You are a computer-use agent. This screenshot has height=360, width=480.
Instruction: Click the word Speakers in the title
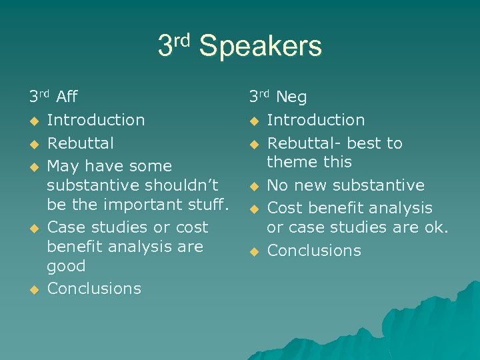pyautogui.click(x=260, y=47)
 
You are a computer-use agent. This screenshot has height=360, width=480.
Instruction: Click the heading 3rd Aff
pyautogui.click(x=53, y=97)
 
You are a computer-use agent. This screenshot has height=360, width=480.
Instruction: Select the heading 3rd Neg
pyautogui.click(x=278, y=97)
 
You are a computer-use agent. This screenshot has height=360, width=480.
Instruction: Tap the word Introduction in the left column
pyautogui.click(x=96, y=120)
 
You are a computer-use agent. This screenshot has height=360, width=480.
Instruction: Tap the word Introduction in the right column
pyautogui.click(x=316, y=120)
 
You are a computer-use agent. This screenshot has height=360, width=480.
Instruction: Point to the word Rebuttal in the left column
pyautogui.click(x=81, y=143)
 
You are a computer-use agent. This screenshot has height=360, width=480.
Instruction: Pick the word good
pyautogui.click(x=66, y=266)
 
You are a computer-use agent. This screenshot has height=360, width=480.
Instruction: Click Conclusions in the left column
pyautogui.click(x=95, y=289)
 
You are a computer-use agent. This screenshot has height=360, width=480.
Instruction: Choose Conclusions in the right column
pyautogui.click(x=314, y=251)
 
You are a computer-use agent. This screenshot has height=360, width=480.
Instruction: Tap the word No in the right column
pyautogui.click(x=277, y=185)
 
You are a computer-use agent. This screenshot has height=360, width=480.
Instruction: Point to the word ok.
pyautogui.click(x=436, y=227)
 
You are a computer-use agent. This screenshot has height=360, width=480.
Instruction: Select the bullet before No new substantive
pyautogui.click(x=253, y=186)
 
